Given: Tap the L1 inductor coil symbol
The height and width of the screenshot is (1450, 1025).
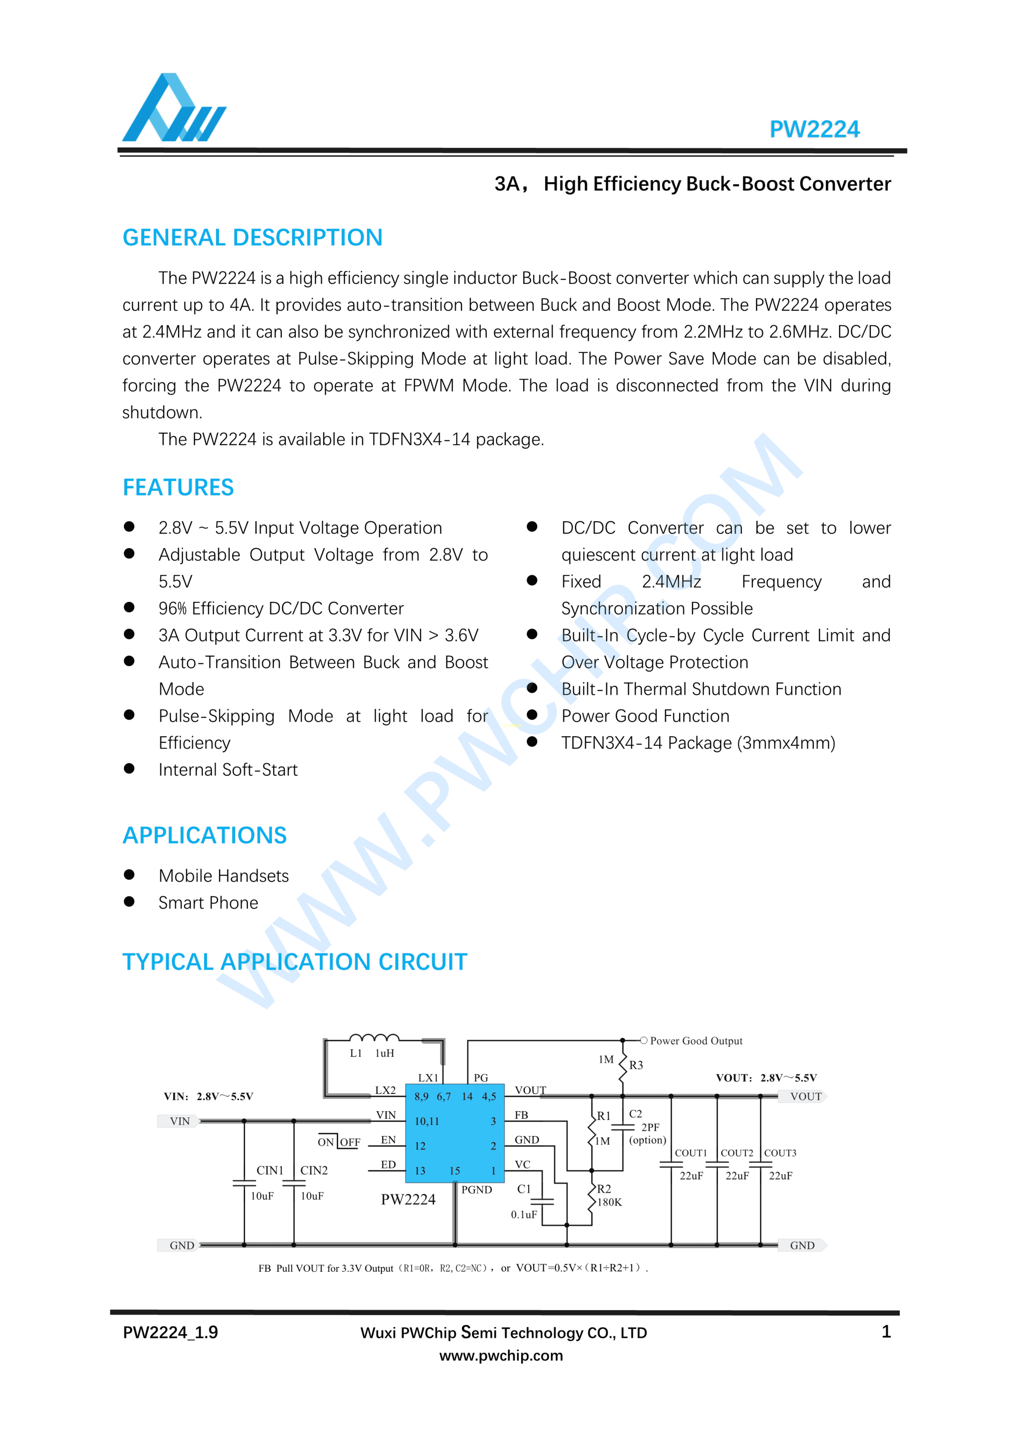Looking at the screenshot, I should click(x=374, y=1038).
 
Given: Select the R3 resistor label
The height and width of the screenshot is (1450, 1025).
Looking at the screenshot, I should click(x=636, y=1065).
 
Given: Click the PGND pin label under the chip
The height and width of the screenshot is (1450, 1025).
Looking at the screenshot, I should click(x=476, y=1190).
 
